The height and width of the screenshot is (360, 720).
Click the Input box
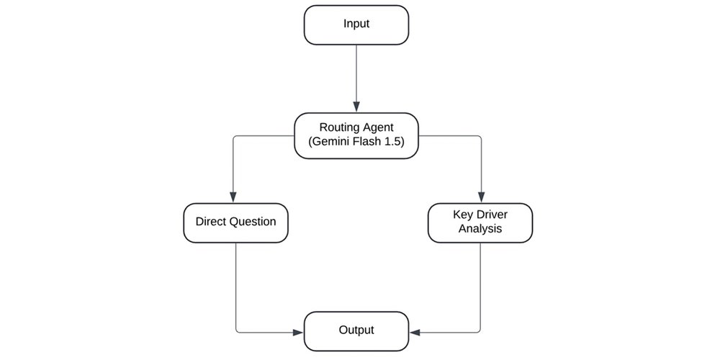pos(356,24)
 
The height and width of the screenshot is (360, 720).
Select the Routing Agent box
pos(356,135)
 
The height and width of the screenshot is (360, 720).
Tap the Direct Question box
pos(235,222)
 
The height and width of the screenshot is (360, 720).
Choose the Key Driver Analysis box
pos(480,222)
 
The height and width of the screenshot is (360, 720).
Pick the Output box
pos(356,330)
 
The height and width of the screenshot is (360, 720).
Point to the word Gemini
pos(329,142)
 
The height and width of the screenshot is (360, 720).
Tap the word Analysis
pos(480,229)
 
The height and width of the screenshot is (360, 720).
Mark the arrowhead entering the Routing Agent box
pos(356,107)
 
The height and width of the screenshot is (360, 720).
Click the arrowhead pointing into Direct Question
pos(233,197)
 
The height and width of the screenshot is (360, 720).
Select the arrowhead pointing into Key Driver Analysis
pos(481,197)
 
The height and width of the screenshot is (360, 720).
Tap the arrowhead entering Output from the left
pos(299,332)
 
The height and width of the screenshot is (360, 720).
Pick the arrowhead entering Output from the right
pos(415,332)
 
